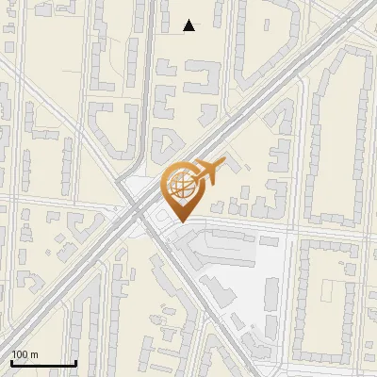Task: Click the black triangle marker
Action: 189,25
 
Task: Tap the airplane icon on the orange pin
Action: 206,172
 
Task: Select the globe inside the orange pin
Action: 180,184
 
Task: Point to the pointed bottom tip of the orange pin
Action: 180,221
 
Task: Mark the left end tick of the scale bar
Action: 10,362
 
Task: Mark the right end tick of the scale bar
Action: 75,362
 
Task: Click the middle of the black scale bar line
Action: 42,364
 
